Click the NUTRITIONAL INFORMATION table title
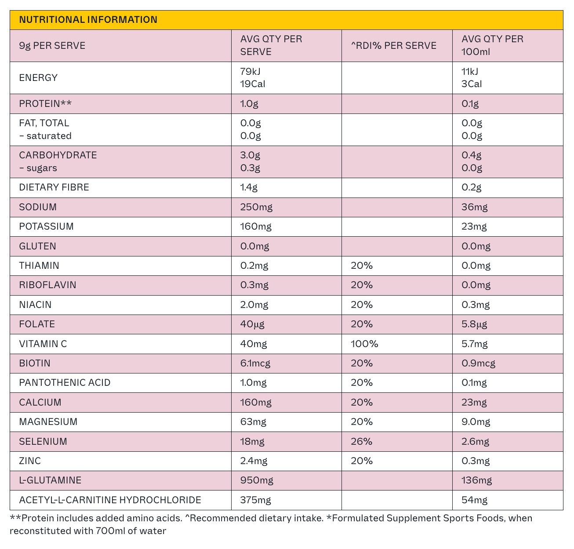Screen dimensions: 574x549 [x=88, y=19]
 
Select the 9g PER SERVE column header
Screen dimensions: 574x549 [x=52, y=45]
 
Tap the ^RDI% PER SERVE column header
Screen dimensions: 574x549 [x=393, y=45]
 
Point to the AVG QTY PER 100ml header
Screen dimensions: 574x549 [x=492, y=45]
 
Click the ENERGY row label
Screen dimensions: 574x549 [x=38, y=77]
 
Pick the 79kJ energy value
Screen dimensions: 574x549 [x=250, y=71]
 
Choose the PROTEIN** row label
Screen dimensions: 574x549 [x=45, y=104]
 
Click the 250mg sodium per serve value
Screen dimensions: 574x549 [x=256, y=207]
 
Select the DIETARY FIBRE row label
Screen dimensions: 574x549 [x=54, y=187]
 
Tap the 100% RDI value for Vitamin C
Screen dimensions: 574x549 [x=364, y=344]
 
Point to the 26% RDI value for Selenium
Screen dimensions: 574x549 [x=362, y=441]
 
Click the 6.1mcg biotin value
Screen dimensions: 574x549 [x=255, y=363]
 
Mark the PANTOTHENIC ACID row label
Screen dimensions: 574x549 [x=65, y=383]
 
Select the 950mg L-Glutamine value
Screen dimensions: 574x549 [x=257, y=480]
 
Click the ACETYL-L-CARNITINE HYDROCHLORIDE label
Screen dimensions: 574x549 [x=110, y=500]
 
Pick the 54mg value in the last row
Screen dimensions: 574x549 [x=474, y=500]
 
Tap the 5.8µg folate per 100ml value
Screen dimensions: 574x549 [x=474, y=324]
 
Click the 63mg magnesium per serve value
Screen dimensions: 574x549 [x=253, y=421]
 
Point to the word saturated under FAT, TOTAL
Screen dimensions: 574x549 [x=49, y=136]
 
